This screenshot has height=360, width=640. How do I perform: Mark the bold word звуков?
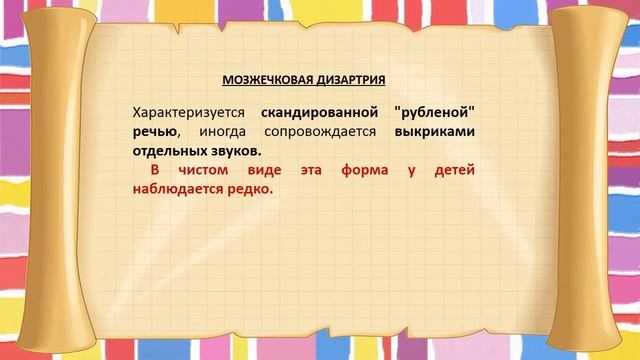(237, 151)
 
